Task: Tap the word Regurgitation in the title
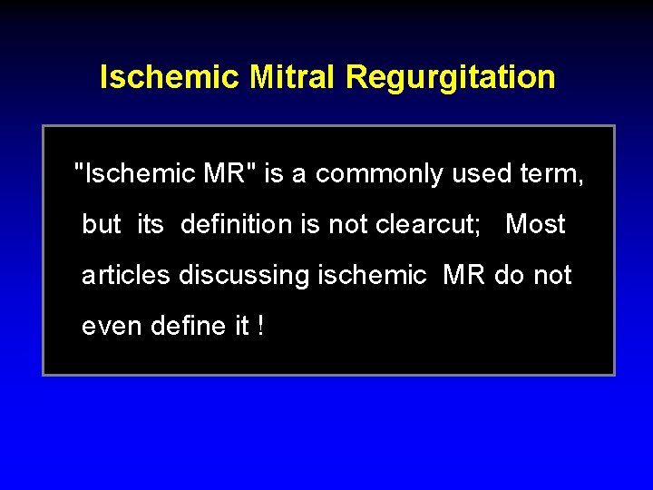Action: click(450, 77)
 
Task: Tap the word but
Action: click(102, 224)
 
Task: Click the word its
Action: click(151, 224)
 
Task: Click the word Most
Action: click(535, 224)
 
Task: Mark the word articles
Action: click(126, 275)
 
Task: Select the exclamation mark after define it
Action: click(261, 326)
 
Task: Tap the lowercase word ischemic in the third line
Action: click(372, 275)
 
